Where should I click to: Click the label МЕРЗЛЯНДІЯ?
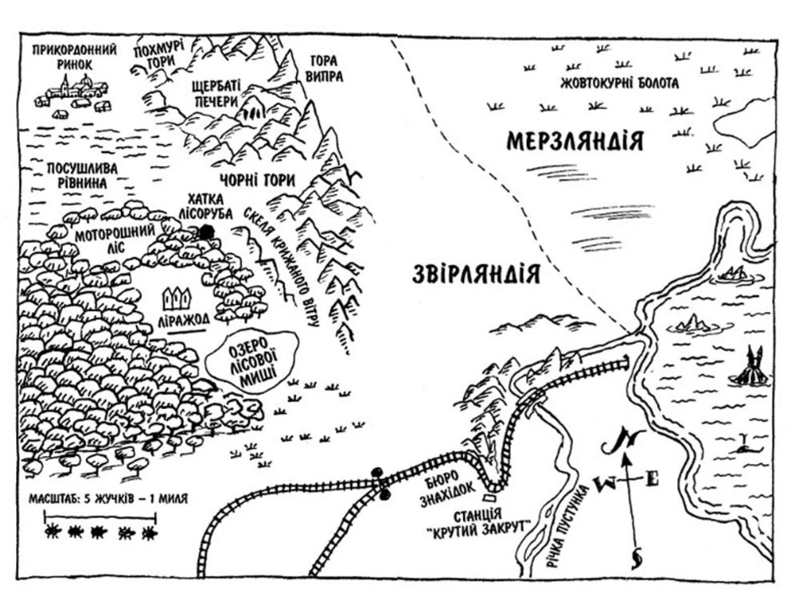[x=575, y=141]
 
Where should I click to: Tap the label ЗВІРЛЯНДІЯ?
[x=476, y=274]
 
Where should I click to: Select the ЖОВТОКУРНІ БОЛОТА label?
[x=620, y=83]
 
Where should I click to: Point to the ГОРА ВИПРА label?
[x=327, y=69]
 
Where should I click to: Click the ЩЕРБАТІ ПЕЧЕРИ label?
[x=216, y=94]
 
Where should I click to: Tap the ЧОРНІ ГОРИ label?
[x=257, y=180]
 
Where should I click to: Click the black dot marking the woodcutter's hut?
[x=205, y=232]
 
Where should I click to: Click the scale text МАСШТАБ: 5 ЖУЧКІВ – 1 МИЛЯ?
[x=108, y=499]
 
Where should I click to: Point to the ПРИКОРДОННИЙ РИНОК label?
[x=75, y=58]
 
